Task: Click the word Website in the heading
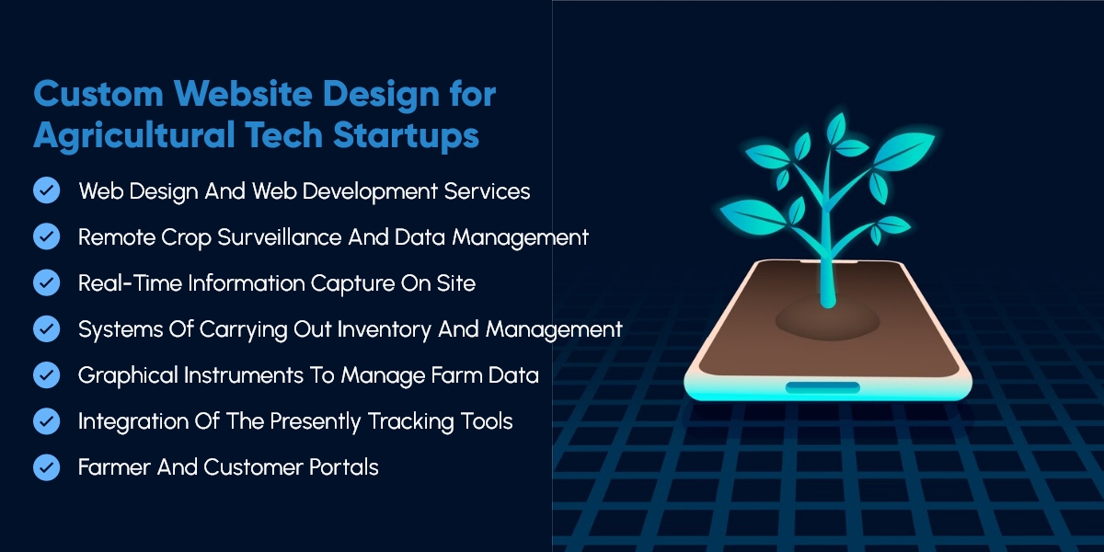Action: click(x=243, y=94)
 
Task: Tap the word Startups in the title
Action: click(x=406, y=135)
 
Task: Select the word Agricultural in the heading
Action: click(x=134, y=135)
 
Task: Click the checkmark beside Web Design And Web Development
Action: click(x=47, y=190)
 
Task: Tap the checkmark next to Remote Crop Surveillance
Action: click(x=47, y=236)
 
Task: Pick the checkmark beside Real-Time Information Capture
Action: click(x=47, y=282)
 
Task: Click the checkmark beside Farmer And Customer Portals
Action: click(x=47, y=466)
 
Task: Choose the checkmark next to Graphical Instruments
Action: click(x=47, y=374)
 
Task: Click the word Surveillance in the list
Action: click(x=280, y=237)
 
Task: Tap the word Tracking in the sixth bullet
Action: click(x=410, y=422)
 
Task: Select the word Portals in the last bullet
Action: click(x=343, y=467)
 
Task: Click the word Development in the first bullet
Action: click(x=370, y=191)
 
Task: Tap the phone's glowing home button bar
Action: click(x=822, y=387)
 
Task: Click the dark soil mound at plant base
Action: click(x=827, y=321)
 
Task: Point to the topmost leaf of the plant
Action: click(x=836, y=128)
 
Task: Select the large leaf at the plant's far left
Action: click(x=753, y=217)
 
